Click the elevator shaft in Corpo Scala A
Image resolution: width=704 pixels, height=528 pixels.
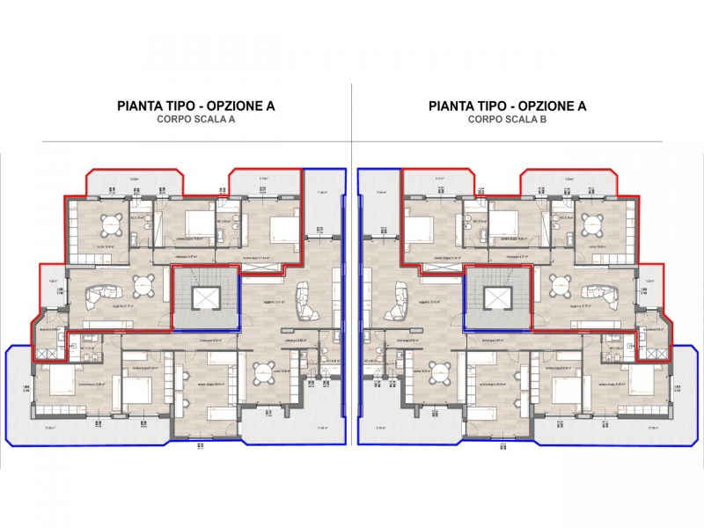204,299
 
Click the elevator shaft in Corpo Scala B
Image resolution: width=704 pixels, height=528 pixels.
498,299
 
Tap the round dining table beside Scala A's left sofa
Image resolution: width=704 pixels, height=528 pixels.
143,284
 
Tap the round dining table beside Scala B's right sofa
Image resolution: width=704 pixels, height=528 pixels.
561,284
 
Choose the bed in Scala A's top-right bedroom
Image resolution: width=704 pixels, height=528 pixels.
283,229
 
